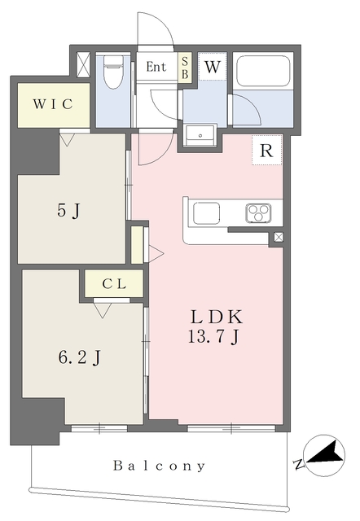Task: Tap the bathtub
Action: tap(262, 71)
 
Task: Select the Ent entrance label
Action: tap(156, 67)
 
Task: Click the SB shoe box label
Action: tap(185, 68)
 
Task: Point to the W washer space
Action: tap(213, 67)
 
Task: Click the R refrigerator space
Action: tap(266, 150)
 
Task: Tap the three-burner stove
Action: tap(258, 213)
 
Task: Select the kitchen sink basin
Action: tap(206, 213)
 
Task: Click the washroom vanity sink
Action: tap(200, 134)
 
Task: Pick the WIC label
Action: tap(53, 104)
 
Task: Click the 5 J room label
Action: tap(68, 210)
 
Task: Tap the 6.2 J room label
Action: tap(80, 358)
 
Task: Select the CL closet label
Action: tap(114, 284)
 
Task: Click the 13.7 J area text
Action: tap(213, 337)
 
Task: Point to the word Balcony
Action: tap(159, 466)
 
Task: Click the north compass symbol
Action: tap(324, 455)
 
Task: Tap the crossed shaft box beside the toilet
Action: tap(83, 65)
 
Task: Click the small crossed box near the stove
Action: tap(279, 237)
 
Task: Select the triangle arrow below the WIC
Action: tap(68, 140)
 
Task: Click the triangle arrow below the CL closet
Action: tap(103, 310)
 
